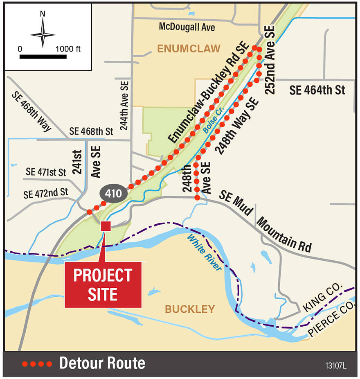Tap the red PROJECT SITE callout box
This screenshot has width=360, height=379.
click(x=103, y=285)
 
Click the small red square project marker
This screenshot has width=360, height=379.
click(x=106, y=226)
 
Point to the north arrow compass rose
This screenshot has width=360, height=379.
click(x=43, y=34)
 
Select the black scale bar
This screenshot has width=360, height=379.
click(x=43, y=56)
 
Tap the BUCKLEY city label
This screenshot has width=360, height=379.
click(x=190, y=309)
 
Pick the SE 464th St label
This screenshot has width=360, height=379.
click(x=317, y=90)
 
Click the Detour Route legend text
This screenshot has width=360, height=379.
click(x=102, y=363)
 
